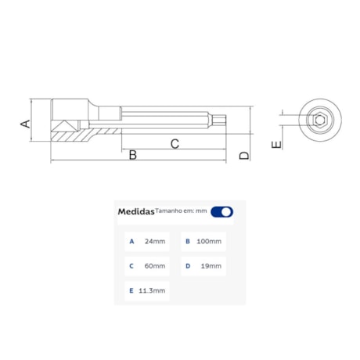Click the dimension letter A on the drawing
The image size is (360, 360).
click(x=25, y=123)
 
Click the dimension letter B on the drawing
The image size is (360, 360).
click(x=133, y=155)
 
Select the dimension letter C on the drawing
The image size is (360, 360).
click(x=175, y=142)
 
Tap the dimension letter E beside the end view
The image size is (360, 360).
click(x=275, y=145)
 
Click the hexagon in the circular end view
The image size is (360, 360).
click(x=319, y=120)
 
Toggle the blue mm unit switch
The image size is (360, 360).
click(x=221, y=211)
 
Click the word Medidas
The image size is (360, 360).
click(x=135, y=211)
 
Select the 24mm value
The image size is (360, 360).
click(x=155, y=241)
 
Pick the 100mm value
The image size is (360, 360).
click(x=210, y=241)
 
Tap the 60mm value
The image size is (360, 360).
click(x=155, y=266)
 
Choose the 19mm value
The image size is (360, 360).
click(x=211, y=266)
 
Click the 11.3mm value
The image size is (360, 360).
click(x=152, y=290)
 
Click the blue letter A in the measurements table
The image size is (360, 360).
click(x=131, y=241)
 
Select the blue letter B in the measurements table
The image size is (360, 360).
click(x=188, y=241)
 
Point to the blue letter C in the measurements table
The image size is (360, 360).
click(x=131, y=266)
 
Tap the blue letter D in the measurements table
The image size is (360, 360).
click(x=188, y=266)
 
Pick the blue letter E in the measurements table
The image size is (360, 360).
click(x=131, y=290)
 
